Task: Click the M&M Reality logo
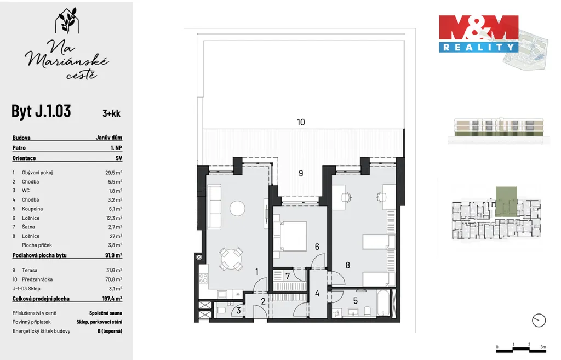click(479, 34)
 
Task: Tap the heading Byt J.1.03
click(41, 111)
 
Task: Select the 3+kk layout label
click(112, 113)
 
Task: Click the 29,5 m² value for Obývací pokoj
click(113, 173)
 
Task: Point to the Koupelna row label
click(32, 209)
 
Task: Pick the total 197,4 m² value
click(112, 299)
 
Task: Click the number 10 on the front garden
click(301, 122)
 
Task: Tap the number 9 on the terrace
click(301, 173)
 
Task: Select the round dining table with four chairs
click(231, 259)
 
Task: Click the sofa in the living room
click(214, 207)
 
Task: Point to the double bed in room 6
click(290, 236)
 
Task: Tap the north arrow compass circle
click(539, 321)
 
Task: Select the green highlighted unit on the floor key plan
click(506, 201)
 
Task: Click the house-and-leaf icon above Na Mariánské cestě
click(67, 20)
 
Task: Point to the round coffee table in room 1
click(237, 208)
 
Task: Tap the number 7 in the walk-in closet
click(288, 277)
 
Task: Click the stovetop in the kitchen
click(203, 278)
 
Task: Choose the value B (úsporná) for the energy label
click(110, 331)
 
